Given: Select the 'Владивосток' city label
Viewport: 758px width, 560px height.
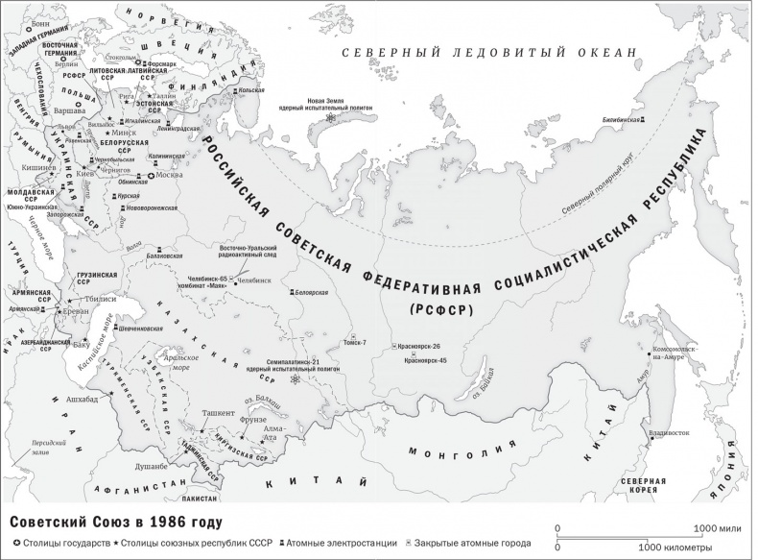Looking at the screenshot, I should pos(669,433).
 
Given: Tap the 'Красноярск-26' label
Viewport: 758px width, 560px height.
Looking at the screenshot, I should pos(421,346).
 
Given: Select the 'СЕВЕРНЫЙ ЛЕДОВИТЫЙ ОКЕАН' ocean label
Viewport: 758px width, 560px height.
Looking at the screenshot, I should pos(489,53).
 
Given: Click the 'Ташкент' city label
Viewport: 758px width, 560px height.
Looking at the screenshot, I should pos(218,412).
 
